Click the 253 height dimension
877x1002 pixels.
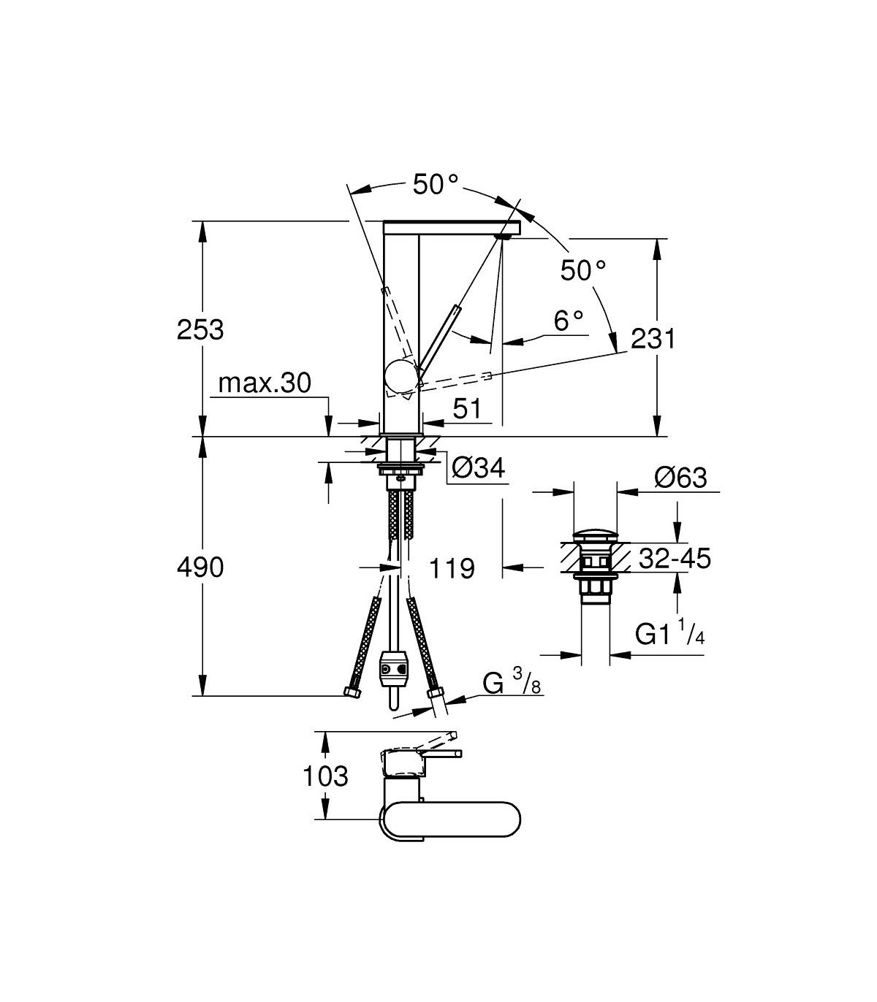click(x=200, y=329)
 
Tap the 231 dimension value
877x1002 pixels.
click(x=653, y=338)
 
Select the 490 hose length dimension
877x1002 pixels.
click(x=200, y=567)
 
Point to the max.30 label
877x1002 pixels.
click(x=265, y=383)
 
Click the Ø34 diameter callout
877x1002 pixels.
click(x=478, y=468)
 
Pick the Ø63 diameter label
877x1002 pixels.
click(x=680, y=478)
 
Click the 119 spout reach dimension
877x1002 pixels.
click(x=452, y=569)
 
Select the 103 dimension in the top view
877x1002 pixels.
click(x=325, y=776)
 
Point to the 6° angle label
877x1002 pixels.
click(x=569, y=321)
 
